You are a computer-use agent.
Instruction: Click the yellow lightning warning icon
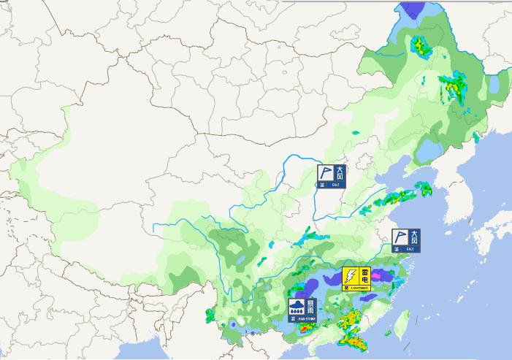357,278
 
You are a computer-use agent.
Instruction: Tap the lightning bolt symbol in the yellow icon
351,275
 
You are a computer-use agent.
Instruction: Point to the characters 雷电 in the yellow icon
364,275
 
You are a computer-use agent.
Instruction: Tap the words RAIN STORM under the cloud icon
301,318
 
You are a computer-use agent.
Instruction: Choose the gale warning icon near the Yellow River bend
331,176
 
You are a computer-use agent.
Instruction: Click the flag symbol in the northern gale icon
325,173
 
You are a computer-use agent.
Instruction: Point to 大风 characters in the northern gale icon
339,173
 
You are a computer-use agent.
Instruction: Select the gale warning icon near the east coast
405,240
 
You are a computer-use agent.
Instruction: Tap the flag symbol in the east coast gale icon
399,237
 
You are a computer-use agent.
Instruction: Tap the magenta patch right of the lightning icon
384,276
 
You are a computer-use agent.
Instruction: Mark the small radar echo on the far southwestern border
210,316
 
